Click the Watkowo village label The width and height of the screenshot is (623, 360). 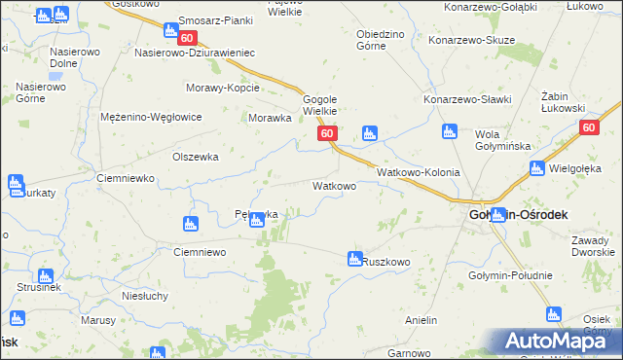333,184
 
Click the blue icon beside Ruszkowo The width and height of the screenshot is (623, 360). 355,259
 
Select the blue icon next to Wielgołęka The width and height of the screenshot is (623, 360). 536,169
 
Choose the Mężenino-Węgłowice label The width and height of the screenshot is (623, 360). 151,117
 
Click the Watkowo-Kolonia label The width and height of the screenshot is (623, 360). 418,171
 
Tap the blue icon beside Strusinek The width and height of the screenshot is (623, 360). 45,277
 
